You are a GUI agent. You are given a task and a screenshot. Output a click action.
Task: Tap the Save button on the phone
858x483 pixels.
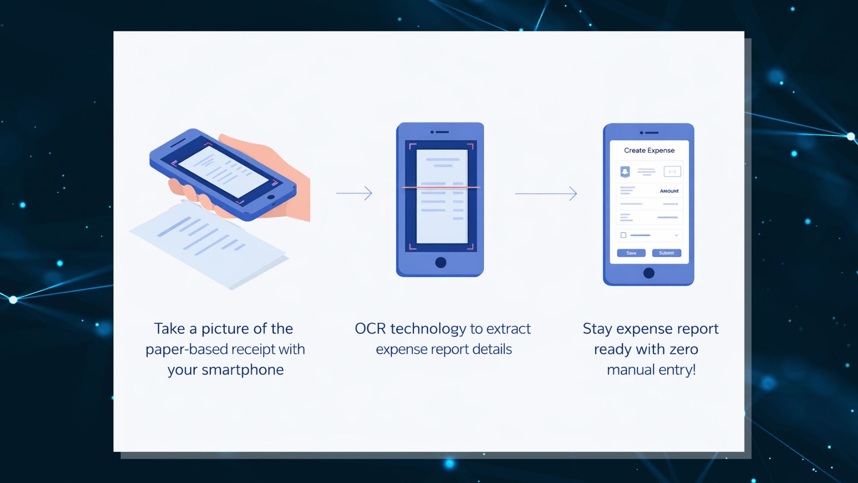tap(631, 253)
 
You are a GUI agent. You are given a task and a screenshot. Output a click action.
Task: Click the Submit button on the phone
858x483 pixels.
tap(666, 253)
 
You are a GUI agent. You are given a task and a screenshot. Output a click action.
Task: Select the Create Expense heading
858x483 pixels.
tap(649, 150)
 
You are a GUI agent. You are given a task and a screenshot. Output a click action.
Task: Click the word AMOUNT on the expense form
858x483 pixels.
tap(669, 191)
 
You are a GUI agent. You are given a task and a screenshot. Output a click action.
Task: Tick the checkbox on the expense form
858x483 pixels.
tap(623, 235)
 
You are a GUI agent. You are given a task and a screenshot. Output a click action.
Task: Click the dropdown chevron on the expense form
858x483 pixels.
tap(676, 235)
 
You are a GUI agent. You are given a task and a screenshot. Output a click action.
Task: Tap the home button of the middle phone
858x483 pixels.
tap(441, 263)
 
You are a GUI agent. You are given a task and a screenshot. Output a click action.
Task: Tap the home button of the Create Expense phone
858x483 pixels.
tap(649, 273)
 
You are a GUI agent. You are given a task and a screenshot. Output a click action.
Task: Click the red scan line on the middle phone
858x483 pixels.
tap(441, 187)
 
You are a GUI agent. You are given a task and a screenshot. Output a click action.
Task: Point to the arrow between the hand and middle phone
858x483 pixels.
tap(354, 193)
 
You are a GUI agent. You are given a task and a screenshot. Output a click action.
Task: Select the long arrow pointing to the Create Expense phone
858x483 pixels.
tap(546, 194)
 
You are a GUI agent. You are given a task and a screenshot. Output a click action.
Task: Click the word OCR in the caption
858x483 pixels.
tap(370, 329)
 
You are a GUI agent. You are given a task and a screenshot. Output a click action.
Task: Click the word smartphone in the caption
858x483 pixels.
tap(243, 370)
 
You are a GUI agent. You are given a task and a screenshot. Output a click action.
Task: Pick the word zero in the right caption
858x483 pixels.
tap(683, 349)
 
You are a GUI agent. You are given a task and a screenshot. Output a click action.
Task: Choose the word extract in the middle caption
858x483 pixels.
tap(508, 329)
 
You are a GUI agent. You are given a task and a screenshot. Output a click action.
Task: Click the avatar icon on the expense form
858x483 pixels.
tap(625, 172)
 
